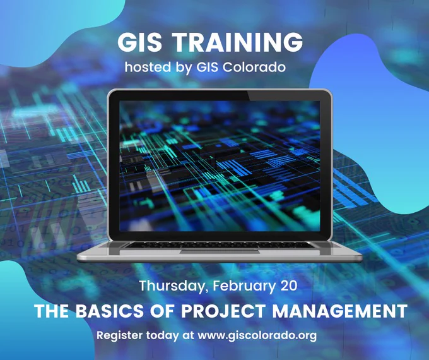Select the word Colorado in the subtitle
coord(254,67)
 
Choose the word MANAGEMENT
coord(340,311)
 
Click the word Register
coord(120,336)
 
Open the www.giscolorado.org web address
coord(257,336)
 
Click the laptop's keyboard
coord(219,244)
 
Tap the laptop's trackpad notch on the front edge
coord(220,251)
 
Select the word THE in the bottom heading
coord(51,311)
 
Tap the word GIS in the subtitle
coord(207,67)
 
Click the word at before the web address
coord(188,336)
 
